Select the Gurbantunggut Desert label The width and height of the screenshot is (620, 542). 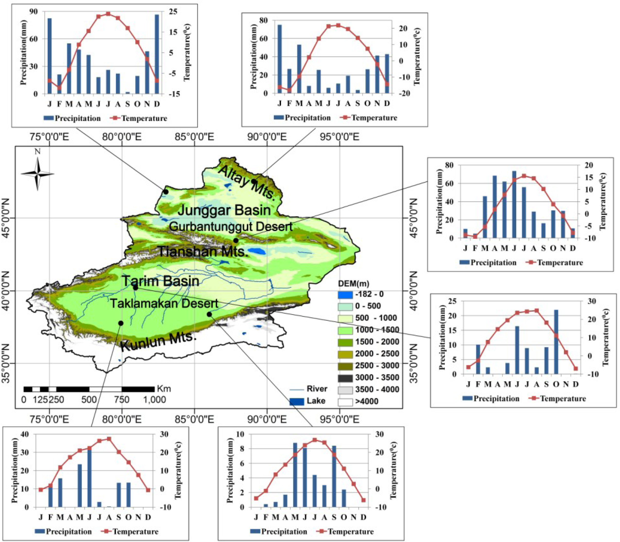coord(231,226)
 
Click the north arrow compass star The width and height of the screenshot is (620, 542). coord(38,174)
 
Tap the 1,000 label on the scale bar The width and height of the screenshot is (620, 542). coord(154,400)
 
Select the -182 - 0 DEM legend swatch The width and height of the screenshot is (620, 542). coord(345,294)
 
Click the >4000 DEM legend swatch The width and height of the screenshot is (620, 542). coord(345,402)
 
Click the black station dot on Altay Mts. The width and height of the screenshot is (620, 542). coord(254,181)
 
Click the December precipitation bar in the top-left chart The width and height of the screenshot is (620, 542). coord(157,54)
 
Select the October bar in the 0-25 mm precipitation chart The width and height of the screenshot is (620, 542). coord(556,342)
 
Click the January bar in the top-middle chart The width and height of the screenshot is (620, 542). coord(279,59)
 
